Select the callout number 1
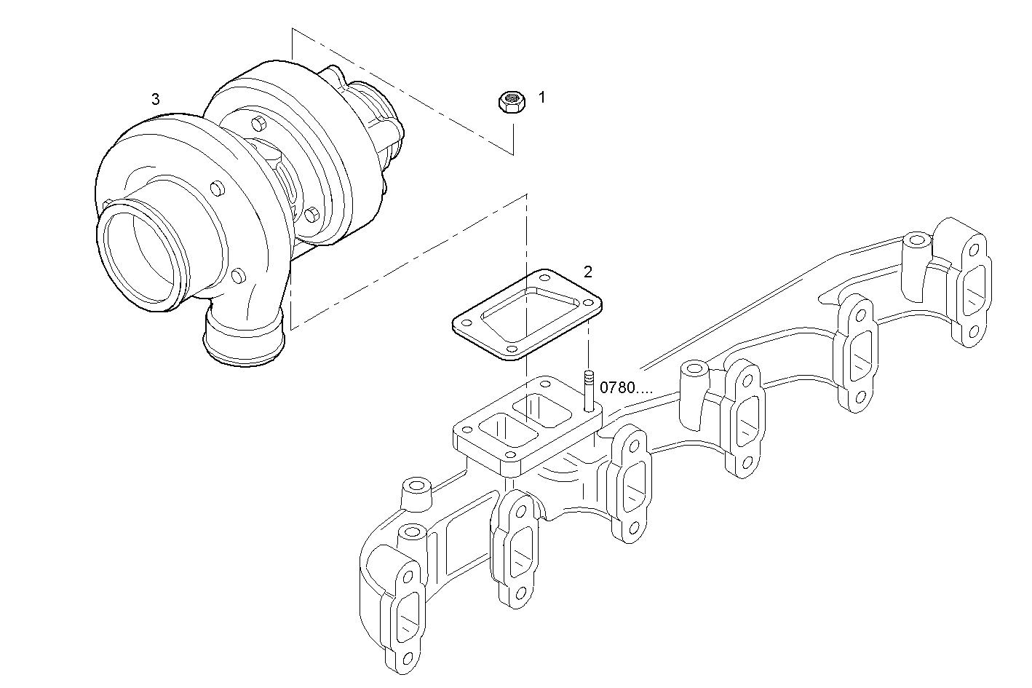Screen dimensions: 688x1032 [x=541, y=97]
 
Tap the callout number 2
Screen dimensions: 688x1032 [x=588, y=272]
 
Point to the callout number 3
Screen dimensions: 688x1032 [x=155, y=99]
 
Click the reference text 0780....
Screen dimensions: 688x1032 [x=625, y=388]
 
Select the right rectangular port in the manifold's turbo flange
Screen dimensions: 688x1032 [x=542, y=409]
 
